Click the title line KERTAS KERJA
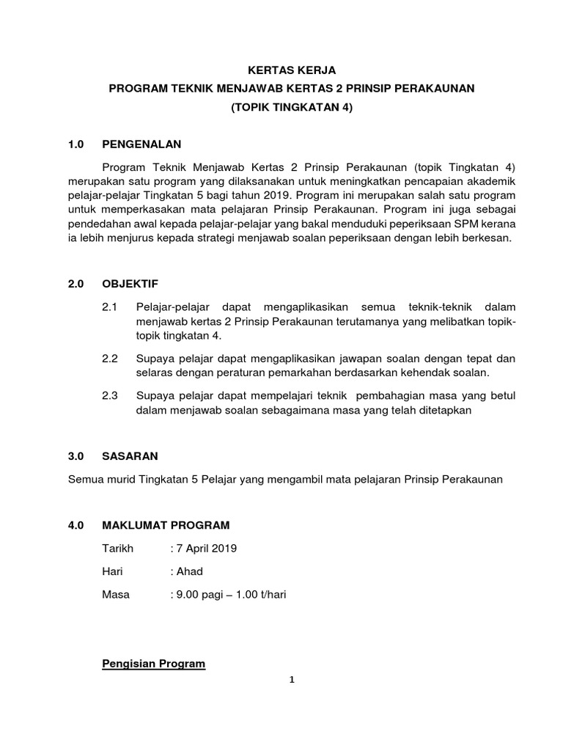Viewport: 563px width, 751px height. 292,70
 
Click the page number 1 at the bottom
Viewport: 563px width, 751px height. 292,680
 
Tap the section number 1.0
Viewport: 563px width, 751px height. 76,144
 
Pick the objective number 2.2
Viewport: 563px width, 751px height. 110,359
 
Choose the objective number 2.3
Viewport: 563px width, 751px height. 110,396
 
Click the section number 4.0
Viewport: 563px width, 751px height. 76,525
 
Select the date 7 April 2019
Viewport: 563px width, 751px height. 206,549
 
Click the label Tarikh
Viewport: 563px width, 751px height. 117,549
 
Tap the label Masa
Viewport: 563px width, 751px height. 116,594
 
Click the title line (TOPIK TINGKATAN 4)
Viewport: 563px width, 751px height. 292,107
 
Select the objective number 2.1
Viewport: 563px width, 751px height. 110,307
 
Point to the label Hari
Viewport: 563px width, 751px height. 113,571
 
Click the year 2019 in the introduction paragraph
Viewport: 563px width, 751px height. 277,195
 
